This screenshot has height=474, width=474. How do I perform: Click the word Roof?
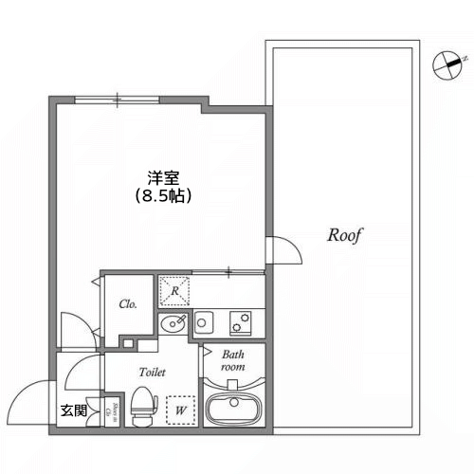point(346,235)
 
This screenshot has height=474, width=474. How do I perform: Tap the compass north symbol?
point(446,65)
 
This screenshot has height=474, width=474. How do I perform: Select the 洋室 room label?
point(163,177)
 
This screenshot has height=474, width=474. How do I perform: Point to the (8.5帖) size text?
point(163,197)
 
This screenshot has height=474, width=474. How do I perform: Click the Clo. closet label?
point(128,304)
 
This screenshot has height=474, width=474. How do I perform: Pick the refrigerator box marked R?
point(173,287)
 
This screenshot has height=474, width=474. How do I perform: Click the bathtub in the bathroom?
point(233,410)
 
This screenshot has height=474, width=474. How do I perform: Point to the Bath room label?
point(233,359)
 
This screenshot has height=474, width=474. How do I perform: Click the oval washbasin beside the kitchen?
point(173,325)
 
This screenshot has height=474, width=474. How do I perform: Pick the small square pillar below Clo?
point(127,341)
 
